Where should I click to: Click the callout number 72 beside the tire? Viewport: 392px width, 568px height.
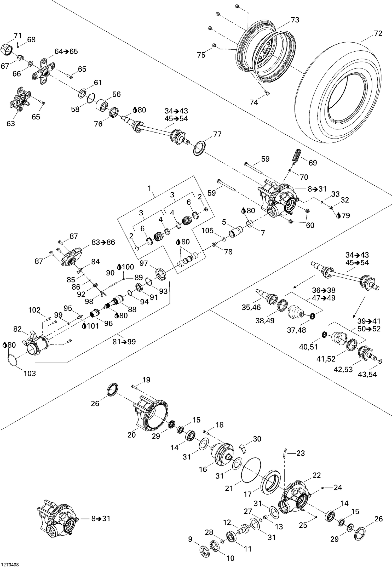[378, 33]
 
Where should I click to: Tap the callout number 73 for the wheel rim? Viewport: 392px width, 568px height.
[295, 20]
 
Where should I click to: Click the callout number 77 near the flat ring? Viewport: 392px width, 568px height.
[217, 134]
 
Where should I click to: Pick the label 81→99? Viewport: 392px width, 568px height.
[124, 342]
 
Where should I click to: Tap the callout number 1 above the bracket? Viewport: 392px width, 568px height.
[149, 188]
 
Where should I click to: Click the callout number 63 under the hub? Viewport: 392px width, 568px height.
[11, 123]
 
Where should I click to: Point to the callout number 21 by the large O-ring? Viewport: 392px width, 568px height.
[229, 488]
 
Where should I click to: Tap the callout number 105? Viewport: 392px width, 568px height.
[208, 231]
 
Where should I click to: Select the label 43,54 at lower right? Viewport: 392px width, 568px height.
[367, 374]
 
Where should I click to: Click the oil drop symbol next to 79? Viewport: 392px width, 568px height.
[338, 215]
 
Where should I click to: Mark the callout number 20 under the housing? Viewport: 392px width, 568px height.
[132, 435]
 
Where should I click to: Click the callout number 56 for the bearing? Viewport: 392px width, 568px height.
[117, 94]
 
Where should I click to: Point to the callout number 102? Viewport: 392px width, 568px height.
[34, 310]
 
